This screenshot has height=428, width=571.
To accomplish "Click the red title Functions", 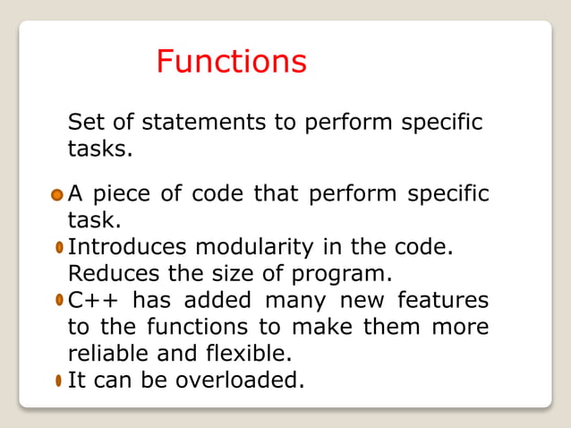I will (231, 62).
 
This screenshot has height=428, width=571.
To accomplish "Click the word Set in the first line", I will (85, 122).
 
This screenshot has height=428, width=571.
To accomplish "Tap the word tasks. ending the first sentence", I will (100, 149).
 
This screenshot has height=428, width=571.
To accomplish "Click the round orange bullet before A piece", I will (57, 194).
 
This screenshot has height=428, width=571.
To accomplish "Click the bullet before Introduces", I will (58, 246).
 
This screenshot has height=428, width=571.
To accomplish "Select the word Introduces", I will (128, 246).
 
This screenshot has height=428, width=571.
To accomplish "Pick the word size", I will (248, 272).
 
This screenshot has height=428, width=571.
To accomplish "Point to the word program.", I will (350, 272).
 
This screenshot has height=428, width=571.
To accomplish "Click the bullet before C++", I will (58, 299).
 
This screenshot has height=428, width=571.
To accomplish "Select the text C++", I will (93, 299).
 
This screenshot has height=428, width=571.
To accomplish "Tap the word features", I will (443, 299).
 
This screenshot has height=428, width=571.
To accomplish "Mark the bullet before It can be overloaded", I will (58, 381).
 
